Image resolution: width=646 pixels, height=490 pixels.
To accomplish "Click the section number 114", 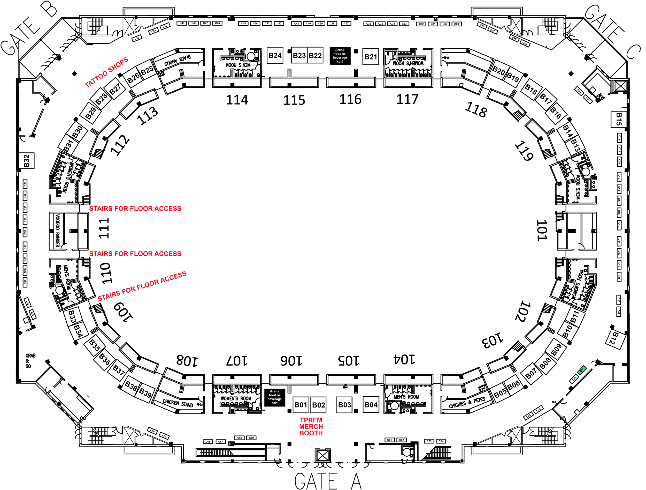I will [x=237, y=100].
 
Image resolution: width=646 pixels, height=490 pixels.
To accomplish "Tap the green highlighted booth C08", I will [x=582, y=370].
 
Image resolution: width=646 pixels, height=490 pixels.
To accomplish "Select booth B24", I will [x=275, y=56].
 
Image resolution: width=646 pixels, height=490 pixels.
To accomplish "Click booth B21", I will [x=371, y=57].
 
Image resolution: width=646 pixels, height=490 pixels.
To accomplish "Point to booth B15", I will [x=618, y=119].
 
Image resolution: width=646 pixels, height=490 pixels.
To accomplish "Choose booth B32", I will [x=27, y=161].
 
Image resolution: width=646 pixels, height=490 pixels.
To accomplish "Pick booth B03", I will [x=344, y=405].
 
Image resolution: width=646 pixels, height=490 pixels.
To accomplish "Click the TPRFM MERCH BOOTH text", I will [x=311, y=427].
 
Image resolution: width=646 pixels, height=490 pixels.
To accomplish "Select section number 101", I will [x=542, y=231].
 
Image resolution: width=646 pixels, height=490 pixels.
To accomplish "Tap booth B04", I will [x=371, y=405].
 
